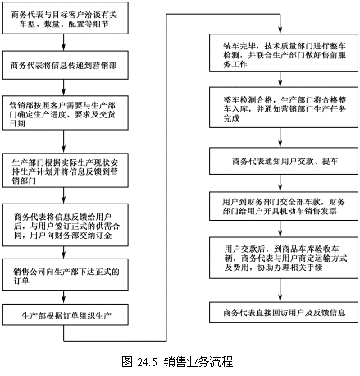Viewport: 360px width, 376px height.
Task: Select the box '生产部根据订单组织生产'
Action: [66, 315]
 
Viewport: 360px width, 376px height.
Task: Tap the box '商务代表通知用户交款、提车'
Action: [284, 161]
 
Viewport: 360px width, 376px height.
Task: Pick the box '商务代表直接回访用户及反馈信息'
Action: [284, 312]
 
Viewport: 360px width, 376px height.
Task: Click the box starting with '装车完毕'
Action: [284, 53]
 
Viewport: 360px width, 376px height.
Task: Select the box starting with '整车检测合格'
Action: [284, 108]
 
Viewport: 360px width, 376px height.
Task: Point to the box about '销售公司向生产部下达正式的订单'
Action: [66, 275]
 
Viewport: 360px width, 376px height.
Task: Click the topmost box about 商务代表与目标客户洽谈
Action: [66, 18]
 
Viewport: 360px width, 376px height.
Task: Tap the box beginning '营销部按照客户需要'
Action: [66, 112]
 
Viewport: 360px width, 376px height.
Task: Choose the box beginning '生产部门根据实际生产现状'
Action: [66, 170]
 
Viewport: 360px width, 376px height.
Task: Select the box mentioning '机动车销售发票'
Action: [284, 206]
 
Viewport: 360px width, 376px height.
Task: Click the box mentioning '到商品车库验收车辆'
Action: [284, 258]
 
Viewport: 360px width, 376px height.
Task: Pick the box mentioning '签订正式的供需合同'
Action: [66, 225]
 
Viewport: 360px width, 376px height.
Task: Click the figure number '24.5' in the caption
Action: [148, 362]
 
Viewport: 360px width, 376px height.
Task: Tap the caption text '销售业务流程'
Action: [198, 361]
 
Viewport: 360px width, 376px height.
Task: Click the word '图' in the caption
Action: [127, 361]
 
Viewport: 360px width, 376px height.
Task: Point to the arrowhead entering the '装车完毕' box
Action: [280, 30]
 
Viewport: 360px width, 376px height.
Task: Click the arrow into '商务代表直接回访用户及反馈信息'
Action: [280, 290]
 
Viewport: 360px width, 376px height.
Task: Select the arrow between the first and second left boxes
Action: [63, 43]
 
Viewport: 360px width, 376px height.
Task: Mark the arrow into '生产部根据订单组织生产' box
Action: [63, 297]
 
